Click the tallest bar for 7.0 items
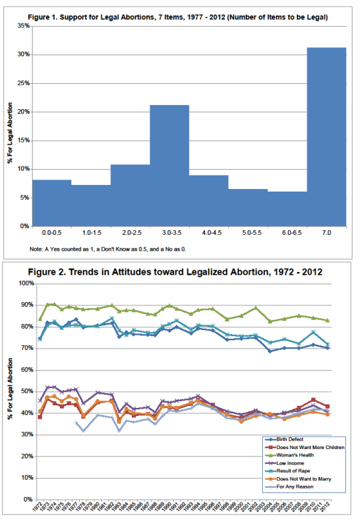(327, 137)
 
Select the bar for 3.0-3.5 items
(169, 166)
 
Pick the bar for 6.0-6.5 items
(287, 209)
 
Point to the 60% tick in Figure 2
(26, 370)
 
